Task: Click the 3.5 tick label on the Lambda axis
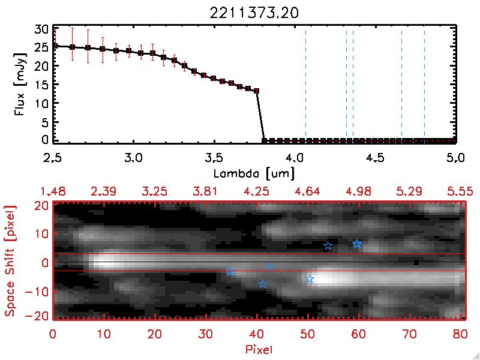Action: [x=214, y=159]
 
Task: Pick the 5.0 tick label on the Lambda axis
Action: [x=456, y=159]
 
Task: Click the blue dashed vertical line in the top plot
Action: [x=353, y=84]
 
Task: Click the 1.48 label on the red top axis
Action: [x=53, y=191]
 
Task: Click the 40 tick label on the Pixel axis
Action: [x=257, y=334]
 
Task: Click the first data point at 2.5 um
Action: [x=54, y=46]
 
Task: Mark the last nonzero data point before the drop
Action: [x=257, y=91]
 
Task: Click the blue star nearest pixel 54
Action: [x=328, y=246]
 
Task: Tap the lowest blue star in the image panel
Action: [x=262, y=284]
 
